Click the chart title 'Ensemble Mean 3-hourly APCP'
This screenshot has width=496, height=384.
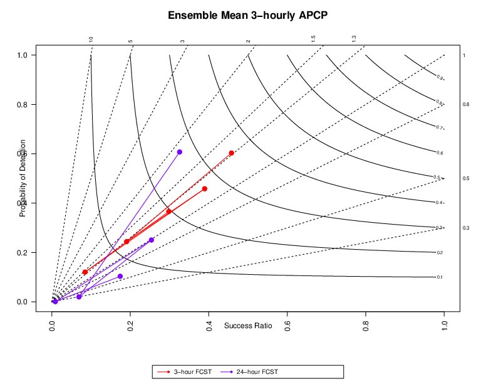[247, 15]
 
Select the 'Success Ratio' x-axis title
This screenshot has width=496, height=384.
[248, 325]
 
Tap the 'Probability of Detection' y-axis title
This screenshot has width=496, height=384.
[23, 178]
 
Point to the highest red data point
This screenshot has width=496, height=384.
[232, 153]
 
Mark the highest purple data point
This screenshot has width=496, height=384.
[180, 152]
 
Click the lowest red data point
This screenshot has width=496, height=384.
[85, 272]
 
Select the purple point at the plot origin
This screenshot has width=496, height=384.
[56, 302]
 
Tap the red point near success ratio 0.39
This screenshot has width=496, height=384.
[205, 189]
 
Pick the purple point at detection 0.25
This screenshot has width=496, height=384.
[152, 240]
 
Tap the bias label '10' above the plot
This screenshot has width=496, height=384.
[91, 40]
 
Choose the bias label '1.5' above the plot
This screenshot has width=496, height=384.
[313, 39]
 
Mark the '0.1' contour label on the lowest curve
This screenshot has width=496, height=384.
[440, 277]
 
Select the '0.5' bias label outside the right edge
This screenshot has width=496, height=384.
[466, 179]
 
